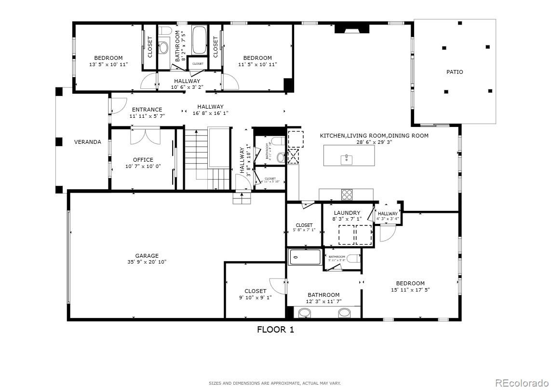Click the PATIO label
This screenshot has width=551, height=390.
(x=455, y=72)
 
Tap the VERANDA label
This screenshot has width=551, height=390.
(x=87, y=142)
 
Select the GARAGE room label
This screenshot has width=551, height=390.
(x=147, y=256)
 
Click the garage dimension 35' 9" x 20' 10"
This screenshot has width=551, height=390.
(x=147, y=262)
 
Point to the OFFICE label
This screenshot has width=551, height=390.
(x=143, y=160)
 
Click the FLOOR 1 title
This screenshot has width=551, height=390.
(x=275, y=330)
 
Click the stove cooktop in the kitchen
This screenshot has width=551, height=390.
(x=347, y=194)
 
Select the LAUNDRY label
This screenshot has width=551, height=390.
(x=347, y=213)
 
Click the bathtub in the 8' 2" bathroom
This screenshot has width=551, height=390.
(x=199, y=41)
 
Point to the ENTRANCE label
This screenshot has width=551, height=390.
(x=147, y=110)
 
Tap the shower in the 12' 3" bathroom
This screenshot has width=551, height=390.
(x=305, y=257)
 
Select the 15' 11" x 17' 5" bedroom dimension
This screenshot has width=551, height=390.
(x=410, y=290)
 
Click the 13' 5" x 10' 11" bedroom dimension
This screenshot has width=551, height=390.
(x=108, y=64)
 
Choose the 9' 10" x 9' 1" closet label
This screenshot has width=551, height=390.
(x=255, y=291)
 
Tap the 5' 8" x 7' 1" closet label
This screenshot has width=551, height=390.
(x=304, y=225)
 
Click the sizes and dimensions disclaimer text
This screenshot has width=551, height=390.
(x=275, y=383)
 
